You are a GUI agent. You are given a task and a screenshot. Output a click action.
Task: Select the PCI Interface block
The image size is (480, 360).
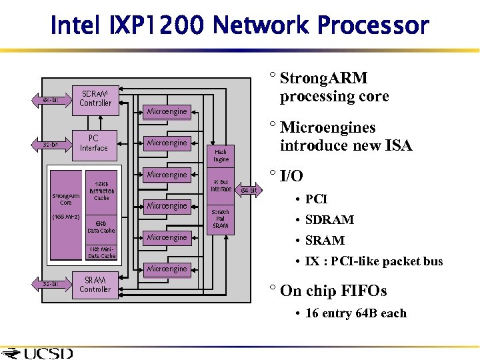pos(94,143)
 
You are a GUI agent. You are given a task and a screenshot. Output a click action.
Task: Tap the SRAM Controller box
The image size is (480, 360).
pos(95,285)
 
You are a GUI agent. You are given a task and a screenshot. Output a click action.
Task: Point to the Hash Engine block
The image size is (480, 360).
pos(221,155)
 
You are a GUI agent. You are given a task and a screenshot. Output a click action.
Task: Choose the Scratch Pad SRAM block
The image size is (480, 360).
pos(221,219)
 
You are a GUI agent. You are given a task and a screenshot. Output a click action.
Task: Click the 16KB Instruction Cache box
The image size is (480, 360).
pos(101,191)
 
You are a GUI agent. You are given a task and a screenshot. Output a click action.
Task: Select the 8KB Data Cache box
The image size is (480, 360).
pos(101,227)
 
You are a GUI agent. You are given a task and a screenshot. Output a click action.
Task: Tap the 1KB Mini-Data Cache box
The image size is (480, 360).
pos(102,253)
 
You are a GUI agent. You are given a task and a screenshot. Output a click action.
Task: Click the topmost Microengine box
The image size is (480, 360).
pos(167,111)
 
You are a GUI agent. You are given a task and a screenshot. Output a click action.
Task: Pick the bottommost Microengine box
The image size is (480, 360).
pos(167,269)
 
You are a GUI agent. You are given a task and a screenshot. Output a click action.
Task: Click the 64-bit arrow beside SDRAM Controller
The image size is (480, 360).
pos(51,100)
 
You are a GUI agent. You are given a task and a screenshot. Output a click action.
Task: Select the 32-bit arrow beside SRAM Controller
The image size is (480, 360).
pos(51,284)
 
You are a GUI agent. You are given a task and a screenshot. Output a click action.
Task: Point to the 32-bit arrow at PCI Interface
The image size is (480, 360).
pos(51,145)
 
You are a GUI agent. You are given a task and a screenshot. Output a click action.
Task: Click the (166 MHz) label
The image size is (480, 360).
pos(66,217)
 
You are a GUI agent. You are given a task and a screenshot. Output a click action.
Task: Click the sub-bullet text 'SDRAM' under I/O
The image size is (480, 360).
pos(329,220)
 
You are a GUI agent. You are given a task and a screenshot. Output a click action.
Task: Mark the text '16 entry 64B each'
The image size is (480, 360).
pos(355,313)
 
